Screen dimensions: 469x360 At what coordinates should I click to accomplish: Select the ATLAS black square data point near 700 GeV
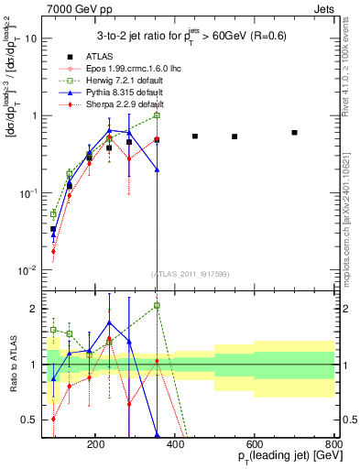click(294, 133)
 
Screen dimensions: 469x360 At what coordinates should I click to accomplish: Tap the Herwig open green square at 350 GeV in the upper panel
click(157, 115)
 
